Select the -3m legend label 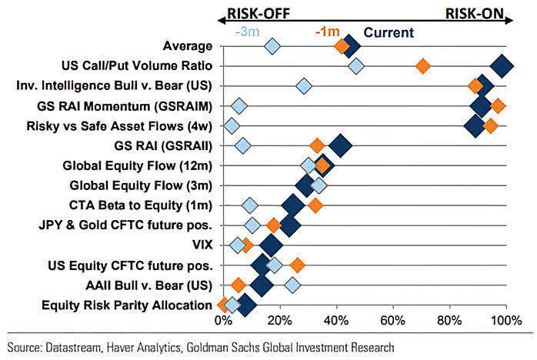point(249,32)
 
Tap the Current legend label point(388,32)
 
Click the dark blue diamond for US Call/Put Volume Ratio point(502,66)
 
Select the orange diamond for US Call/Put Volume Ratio point(422,66)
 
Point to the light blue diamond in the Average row point(272,47)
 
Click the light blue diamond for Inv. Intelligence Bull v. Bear point(304,85)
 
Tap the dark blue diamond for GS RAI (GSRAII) point(339,145)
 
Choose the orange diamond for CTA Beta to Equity point(315,205)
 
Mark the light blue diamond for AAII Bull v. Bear point(292,285)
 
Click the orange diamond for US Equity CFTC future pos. point(297,265)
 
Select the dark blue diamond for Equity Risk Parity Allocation point(245,305)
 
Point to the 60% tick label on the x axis point(392,320)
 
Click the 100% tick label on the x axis point(505,320)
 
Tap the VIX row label point(202,245)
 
